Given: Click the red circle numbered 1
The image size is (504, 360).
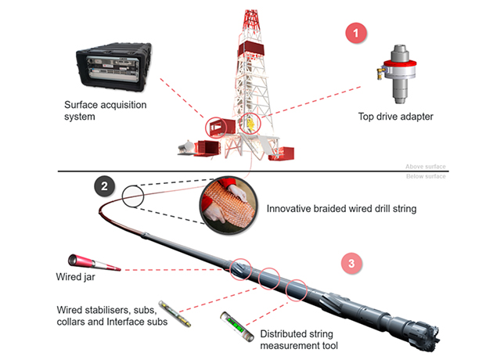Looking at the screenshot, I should tap(357, 34).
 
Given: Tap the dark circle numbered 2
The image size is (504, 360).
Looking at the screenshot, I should tap(106, 185).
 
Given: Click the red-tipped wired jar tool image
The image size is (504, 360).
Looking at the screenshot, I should tap(94, 261).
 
